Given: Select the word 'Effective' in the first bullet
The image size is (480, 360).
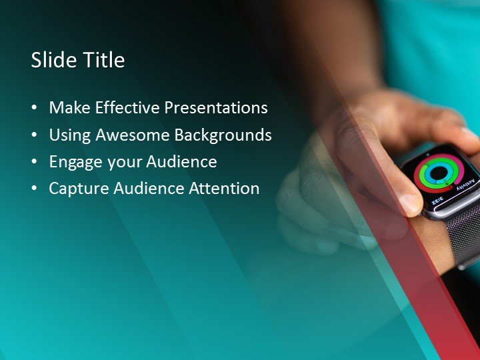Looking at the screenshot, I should (x=127, y=108).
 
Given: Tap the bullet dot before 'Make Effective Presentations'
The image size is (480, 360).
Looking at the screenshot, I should (x=35, y=109).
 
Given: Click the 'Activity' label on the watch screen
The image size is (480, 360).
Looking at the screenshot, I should (x=469, y=184).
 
